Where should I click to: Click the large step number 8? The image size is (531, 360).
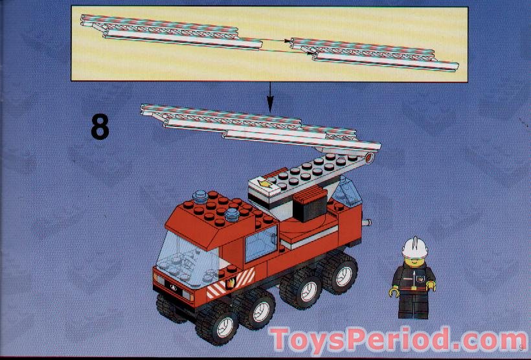click(100, 127)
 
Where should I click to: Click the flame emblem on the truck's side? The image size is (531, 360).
click(229, 283)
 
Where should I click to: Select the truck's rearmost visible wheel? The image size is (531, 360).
click(340, 271)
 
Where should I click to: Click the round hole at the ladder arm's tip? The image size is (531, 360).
click(370, 157)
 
